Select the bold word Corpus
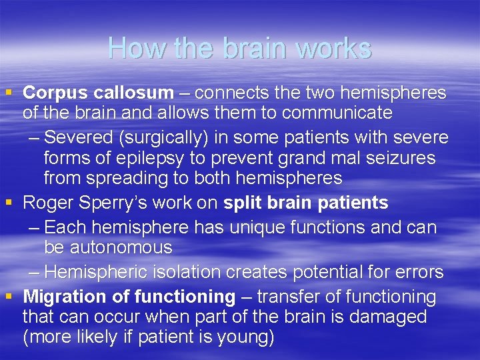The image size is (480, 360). pos(55,93)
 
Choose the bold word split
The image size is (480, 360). pos(245,203)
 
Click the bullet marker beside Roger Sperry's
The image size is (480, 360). pos(9,203)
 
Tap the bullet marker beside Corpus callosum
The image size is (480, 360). pos(9,93)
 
